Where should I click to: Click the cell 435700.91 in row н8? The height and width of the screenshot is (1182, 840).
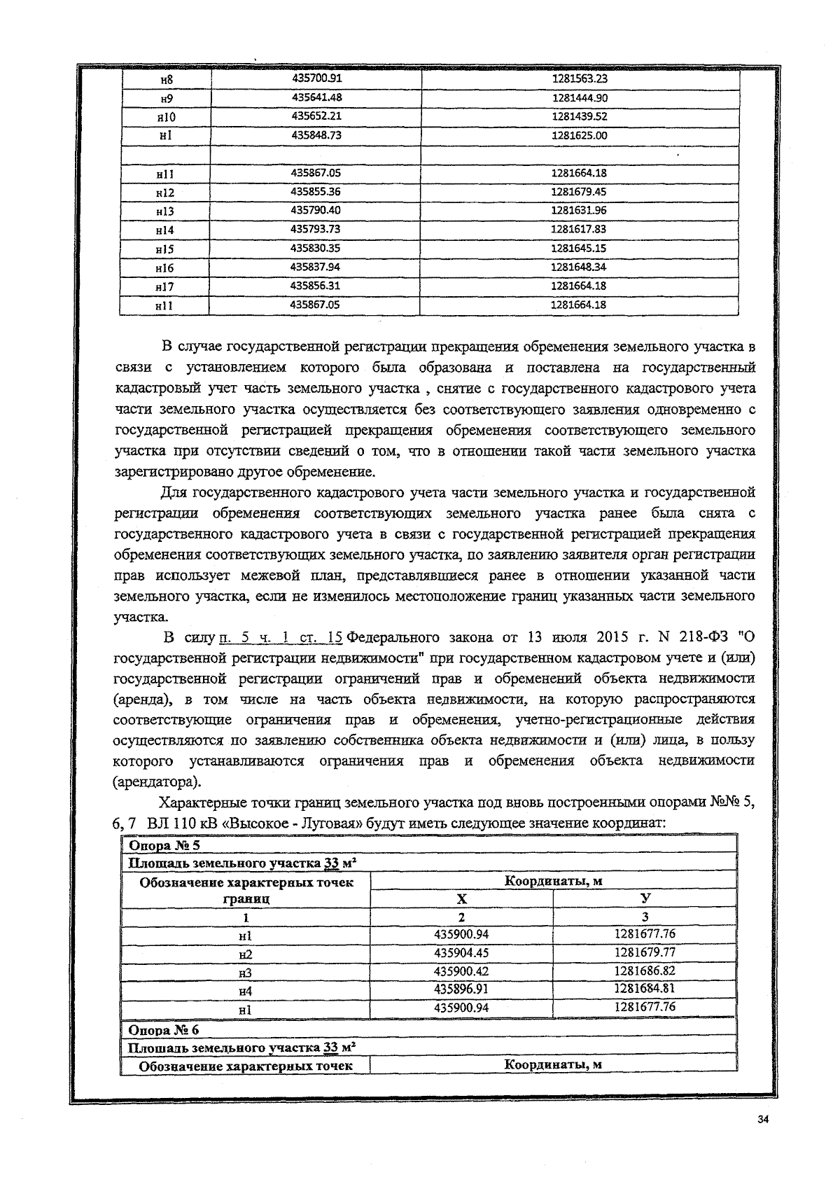pyautogui.click(x=316, y=78)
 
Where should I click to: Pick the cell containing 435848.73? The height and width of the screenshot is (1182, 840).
pyautogui.click(x=316, y=135)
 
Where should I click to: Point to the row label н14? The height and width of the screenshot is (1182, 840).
pyautogui.click(x=165, y=230)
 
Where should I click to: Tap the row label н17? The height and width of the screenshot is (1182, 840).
pyautogui.click(x=165, y=286)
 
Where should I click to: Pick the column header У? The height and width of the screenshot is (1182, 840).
pyautogui.click(x=645, y=898)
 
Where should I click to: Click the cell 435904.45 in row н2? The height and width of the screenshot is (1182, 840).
pyautogui.click(x=461, y=953)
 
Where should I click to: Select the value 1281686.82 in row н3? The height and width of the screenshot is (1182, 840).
pyautogui.click(x=645, y=971)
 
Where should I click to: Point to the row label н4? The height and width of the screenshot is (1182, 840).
pyautogui.click(x=245, y=991)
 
